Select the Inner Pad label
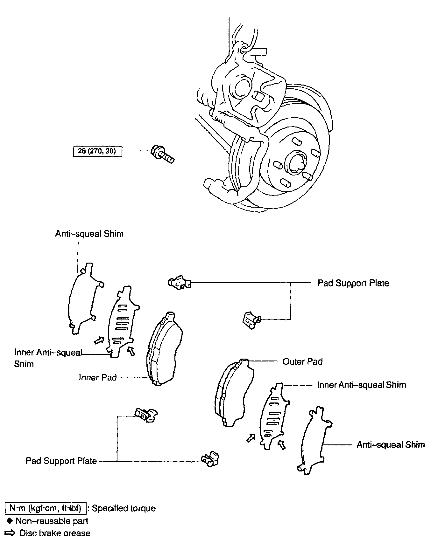tap(98, 377)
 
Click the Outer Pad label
tap(302, 361)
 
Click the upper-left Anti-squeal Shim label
tap(89, 234)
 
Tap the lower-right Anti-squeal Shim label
tap(391, 444)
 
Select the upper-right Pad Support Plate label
tap(353, 283)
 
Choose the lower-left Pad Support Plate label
tap(61, 461)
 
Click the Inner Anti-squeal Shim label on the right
tap(361, 385)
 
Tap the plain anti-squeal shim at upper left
tap(84, 297)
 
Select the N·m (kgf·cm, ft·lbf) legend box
tap(46, 508)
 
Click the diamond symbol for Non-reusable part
tap(10, 521)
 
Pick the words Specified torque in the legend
tap(124, 508)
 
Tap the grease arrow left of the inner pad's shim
tap(99, 340)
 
